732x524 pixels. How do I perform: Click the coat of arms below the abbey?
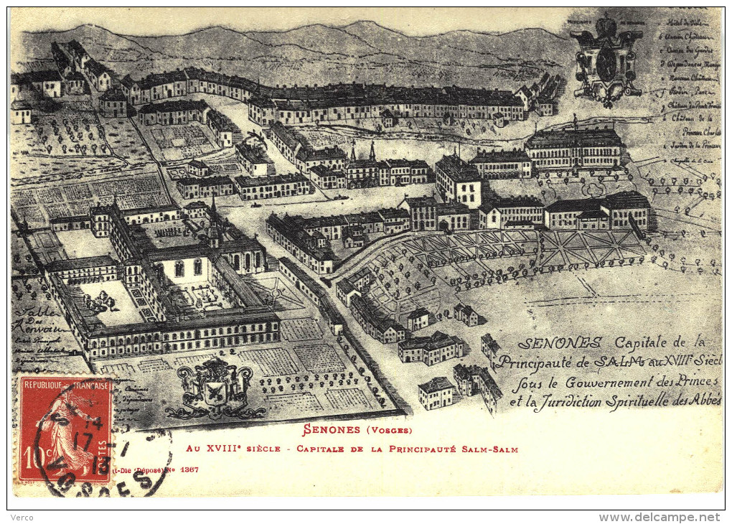pyautogui.click(x=215, y=388)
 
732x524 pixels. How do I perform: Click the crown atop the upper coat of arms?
pyautogui.click(x=607, y=27)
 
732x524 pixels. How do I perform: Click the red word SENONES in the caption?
pyautogui.click(x=332, y=430)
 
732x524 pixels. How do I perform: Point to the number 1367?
pyautogui.click(x=190, y=469)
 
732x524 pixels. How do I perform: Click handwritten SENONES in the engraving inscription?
pyautogui.click(x=550, y=343)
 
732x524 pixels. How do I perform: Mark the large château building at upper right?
pyautogui.click(x=574, y=149)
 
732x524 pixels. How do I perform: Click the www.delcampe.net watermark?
pyautogui.click(x=659, y=517)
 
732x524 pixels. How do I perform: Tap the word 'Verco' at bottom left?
pyautogui.click(x=22, y=517)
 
